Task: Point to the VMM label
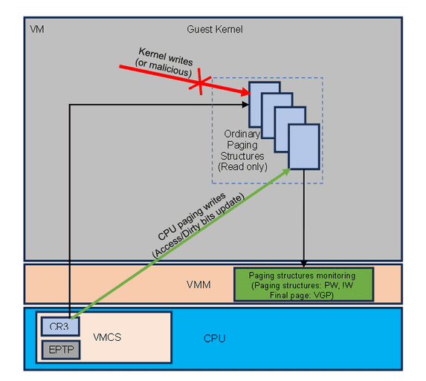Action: tap(199, 284)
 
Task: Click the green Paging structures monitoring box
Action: tap(303, 284)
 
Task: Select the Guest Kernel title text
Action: tap(214, 30)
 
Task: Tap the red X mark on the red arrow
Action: tap(199, 84)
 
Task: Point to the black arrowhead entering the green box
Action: tap(303, 264)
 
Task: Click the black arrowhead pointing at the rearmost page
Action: tap(247, 105)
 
